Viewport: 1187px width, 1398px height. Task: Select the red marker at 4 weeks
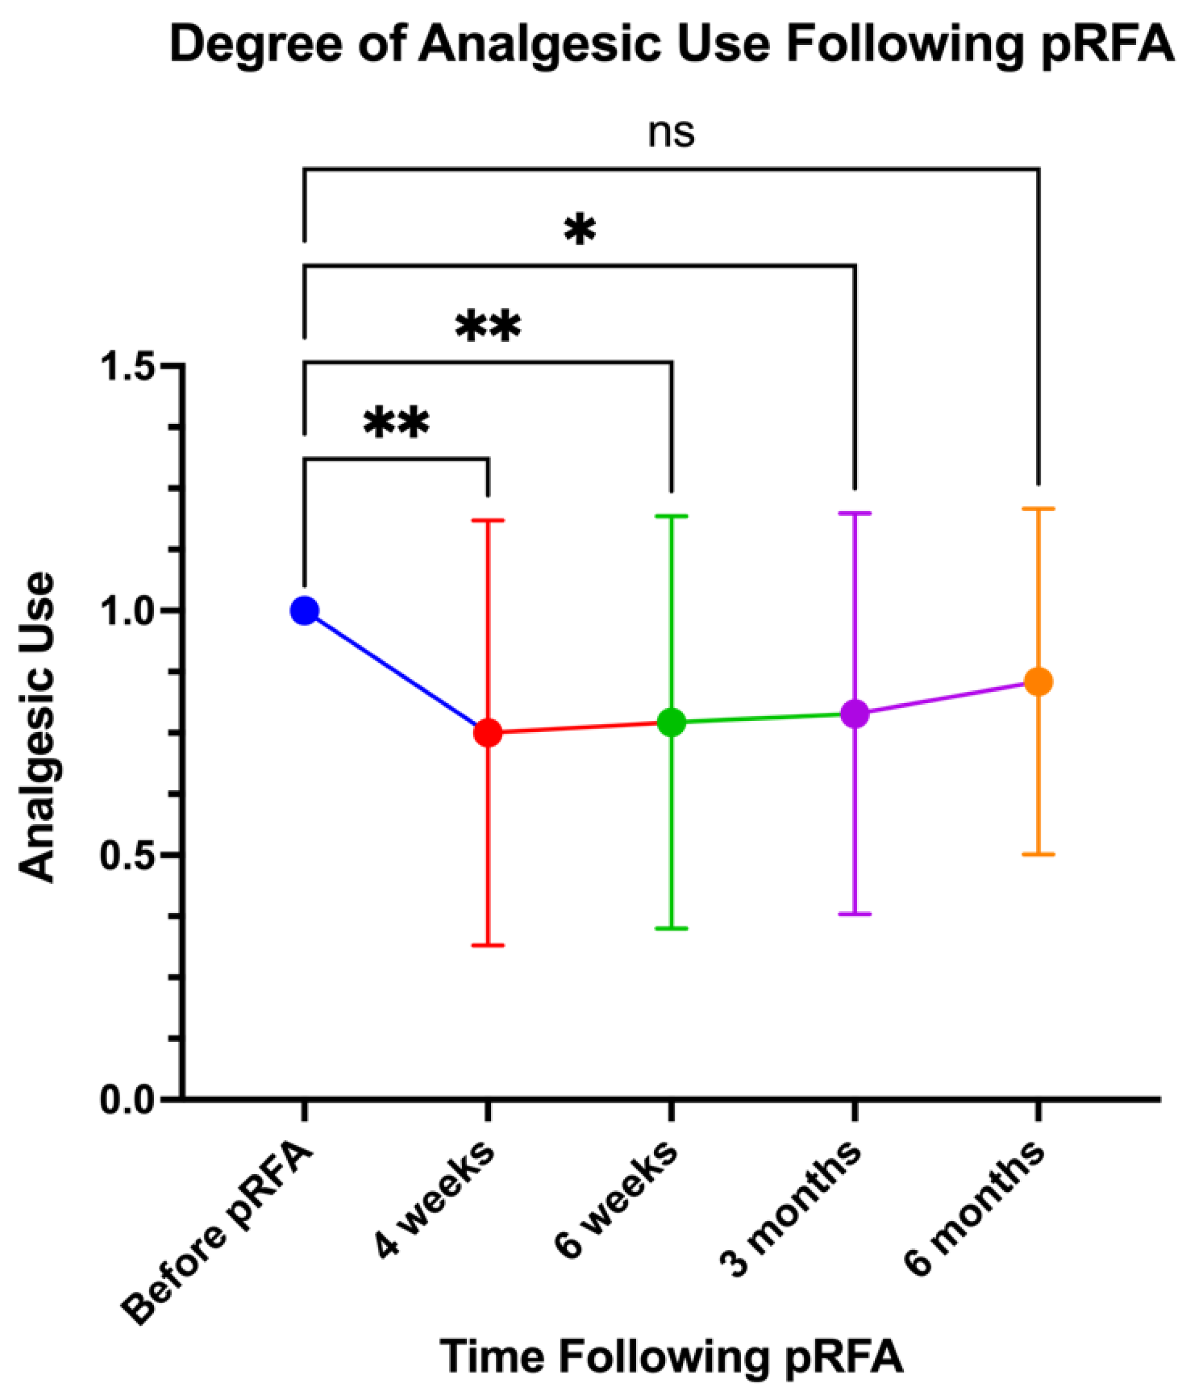coord(488,732)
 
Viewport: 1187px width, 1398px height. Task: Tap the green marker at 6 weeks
coord(671,722)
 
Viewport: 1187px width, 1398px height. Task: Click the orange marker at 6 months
coord(1038,682)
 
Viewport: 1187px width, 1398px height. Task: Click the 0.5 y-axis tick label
coord(129,855)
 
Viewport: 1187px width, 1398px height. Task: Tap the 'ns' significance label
coord(671,133)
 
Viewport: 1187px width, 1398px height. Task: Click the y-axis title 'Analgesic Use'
coord(37,727)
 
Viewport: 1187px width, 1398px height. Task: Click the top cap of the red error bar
coord(488,520)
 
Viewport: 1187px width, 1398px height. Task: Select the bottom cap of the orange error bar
coord(1038,854)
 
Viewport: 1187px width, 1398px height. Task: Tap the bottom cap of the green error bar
coord(671,928)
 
